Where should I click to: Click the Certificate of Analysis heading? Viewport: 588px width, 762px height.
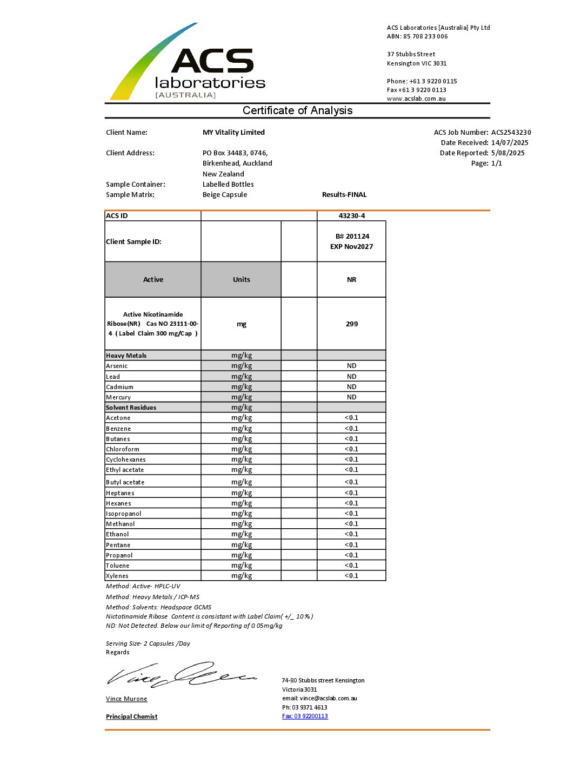point(297,110)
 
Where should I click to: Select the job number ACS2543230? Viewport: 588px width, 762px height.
point(511,133)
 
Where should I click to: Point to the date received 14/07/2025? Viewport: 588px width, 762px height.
point(510,143)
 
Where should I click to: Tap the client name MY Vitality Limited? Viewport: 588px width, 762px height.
point(233,133)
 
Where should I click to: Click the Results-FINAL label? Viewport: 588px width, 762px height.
point(344,195)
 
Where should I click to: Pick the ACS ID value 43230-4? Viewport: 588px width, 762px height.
point(351,216)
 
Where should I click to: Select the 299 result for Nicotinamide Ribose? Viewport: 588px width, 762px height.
point(351,324)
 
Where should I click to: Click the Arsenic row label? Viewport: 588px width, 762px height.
point(117,366)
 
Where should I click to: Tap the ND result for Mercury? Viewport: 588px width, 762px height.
point(351,397)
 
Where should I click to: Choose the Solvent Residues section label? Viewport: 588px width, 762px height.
point(131,408)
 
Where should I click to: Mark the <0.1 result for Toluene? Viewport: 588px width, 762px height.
point(351,566)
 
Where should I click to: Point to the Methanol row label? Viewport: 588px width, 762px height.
point(121,524)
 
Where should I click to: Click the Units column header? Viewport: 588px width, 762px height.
point(241,280)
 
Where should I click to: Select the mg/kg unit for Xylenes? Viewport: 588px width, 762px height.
point(242,576)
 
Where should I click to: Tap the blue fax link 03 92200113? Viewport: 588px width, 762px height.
point(305,717)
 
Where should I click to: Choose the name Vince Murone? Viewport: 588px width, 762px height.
point(126,699)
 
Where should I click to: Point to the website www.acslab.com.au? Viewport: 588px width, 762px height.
point(416,99)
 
